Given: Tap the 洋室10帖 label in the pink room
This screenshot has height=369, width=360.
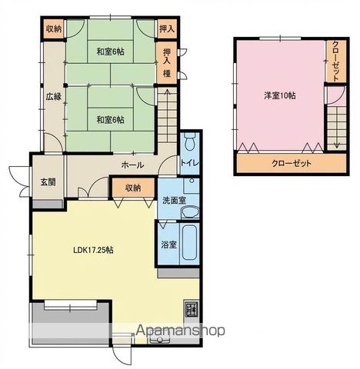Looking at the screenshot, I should [x=279, y=96].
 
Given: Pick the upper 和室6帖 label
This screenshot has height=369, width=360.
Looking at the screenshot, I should [x=110, y=52].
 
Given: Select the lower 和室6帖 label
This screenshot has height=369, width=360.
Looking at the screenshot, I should [x=110, y=119].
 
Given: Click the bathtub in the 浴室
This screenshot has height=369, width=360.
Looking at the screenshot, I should [x=189, y=244].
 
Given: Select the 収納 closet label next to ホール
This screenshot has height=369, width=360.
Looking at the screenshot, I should [x=133, y=187].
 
